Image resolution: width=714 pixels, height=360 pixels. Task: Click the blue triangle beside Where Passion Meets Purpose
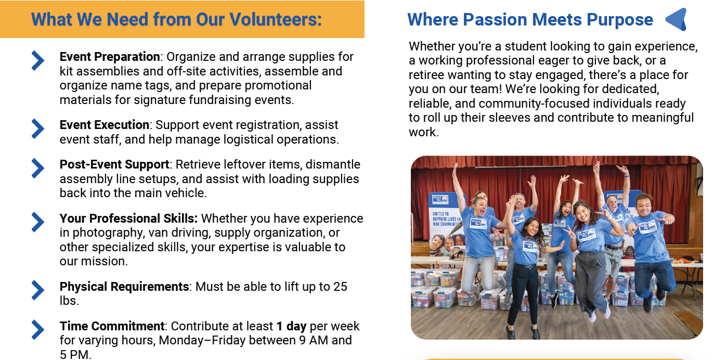[677, 19]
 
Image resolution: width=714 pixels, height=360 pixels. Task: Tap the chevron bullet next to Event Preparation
[37, 60]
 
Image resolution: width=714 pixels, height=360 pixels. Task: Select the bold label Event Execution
[104, 125]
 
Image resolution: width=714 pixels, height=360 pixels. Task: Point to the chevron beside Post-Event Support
[37, 168]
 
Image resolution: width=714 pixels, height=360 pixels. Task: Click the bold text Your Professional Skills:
[128, 218]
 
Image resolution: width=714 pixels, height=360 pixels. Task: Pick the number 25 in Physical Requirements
[340, 287]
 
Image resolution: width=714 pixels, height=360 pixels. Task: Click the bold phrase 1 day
[291, 326]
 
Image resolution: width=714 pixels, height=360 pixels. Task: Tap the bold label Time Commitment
[112, 326]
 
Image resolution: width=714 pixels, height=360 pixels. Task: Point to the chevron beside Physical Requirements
[37, 290]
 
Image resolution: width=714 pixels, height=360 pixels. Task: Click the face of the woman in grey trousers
[584, 213]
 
